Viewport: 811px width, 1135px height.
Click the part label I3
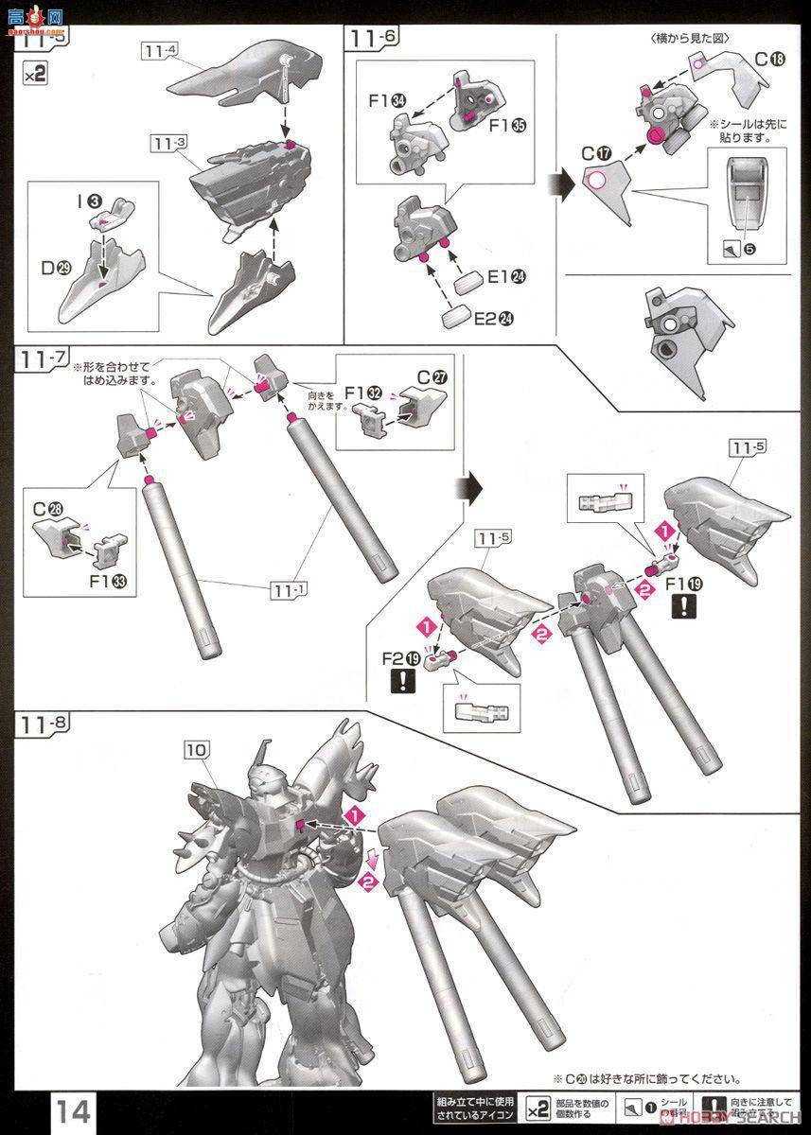point(91,201)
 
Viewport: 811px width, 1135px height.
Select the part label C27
point(432,375)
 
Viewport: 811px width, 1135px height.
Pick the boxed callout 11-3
point(167,143)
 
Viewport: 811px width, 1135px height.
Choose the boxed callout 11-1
point(290,590)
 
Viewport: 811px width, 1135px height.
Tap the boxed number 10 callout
point(195,748)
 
